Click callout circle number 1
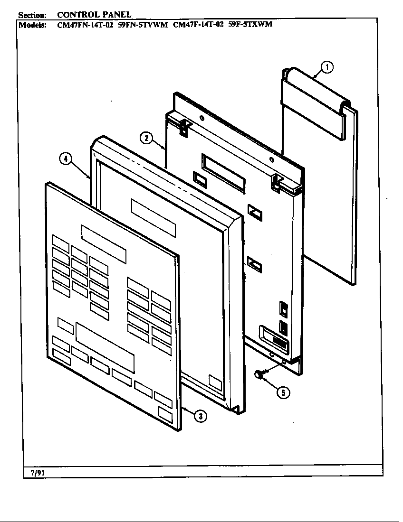[327, 68]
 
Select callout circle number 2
[146, 138]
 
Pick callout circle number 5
[282, 392]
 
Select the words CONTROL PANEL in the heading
[94, 15]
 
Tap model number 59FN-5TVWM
[143, 25]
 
